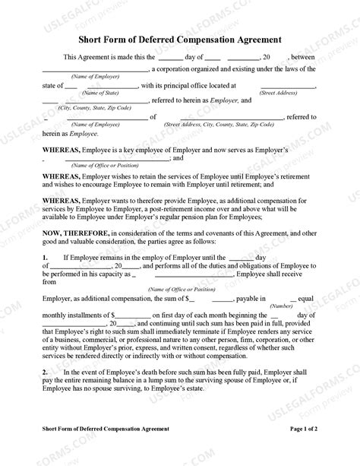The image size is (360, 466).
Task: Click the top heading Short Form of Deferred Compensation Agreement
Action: coord(179,38)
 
